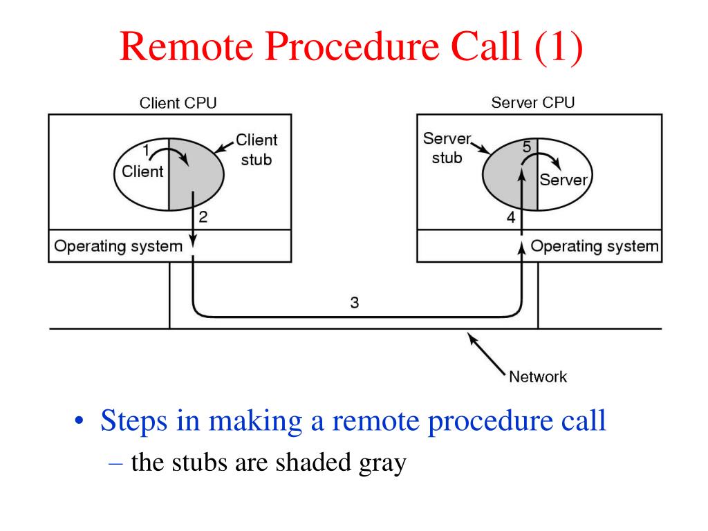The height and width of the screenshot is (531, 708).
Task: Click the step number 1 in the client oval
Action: coord(146,150)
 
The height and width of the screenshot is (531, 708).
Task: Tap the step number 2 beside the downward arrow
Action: coord(203,217)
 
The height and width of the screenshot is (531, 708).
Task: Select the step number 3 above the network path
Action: coord(355,303)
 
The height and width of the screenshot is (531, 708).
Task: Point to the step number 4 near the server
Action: coord(511,218)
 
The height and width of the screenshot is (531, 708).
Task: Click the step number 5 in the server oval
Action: coord(526,147)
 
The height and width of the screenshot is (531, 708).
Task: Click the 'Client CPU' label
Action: coord(178,103)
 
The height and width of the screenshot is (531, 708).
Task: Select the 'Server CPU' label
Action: coord(533,102)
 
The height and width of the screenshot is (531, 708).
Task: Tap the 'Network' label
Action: coord(538,377)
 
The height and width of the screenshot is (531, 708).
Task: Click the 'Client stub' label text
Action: coord(257,149)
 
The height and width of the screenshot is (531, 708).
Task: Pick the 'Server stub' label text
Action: coord(447,148)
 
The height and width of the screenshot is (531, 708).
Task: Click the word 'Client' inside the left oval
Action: coord(142,171)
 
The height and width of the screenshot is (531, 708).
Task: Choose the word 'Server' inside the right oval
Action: coord(563,180)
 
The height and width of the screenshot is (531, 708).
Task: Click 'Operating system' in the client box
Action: coord(118,246)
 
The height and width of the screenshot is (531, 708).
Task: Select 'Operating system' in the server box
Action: coord(595,246)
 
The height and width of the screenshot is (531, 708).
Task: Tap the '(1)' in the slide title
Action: coord(558,47)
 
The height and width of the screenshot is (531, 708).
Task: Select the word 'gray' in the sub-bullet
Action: coord(382,464)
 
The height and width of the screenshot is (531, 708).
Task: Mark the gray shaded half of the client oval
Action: coord(195,174)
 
